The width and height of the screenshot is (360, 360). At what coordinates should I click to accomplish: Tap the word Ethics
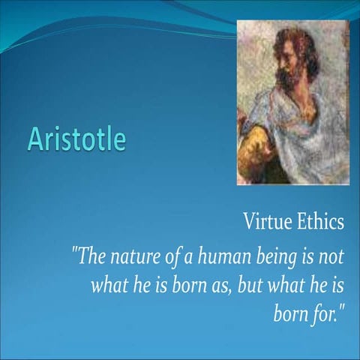click(319, 223)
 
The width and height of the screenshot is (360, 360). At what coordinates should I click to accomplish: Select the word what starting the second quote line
click(108, 284)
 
